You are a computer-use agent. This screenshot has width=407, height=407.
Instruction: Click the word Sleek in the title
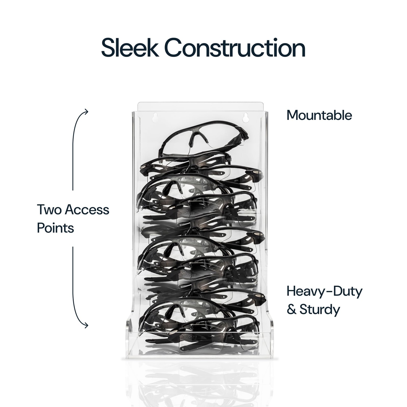130,48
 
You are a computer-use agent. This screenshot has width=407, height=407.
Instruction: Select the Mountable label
319,115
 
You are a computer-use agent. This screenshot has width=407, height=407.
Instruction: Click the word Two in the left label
49,210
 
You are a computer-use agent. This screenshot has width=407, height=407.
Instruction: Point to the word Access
87,210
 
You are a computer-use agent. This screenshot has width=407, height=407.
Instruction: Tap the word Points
55,228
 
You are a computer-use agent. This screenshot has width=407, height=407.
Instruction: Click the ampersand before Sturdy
292,310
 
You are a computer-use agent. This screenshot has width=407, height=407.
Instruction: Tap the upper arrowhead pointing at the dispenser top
86,112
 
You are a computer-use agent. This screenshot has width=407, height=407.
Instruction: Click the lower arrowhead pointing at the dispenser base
86,325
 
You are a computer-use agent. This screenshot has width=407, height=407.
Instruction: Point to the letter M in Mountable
292,115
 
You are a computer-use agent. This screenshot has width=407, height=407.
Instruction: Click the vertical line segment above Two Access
73,150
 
